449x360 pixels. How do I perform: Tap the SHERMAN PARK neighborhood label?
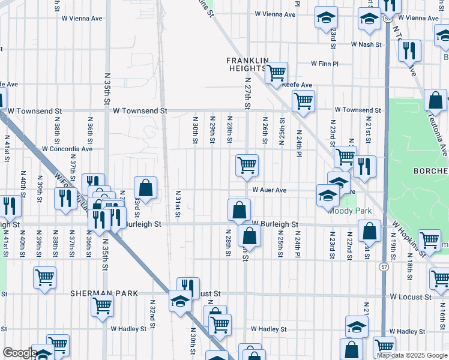(104, 293)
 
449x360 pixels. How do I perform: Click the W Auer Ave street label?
(270, 190)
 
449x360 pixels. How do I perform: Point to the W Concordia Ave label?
(67, 149)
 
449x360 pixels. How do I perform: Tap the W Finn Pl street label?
(325, 64)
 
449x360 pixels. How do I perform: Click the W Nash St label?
(367, 44)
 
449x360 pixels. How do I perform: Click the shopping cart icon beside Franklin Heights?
(276, 73)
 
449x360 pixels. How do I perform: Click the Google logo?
(20, 353)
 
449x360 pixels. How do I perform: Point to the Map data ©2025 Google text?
(411, 355)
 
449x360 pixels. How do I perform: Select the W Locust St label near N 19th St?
(410, 297)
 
